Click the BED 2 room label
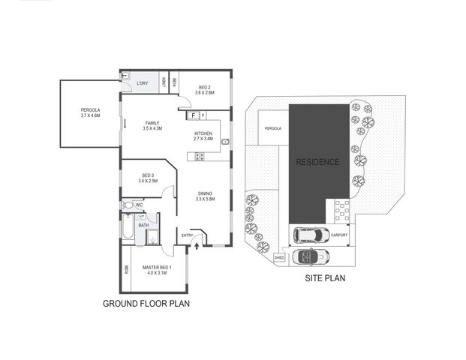[x=206, y=90]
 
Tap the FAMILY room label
[x=152, y=126]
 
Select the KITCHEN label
[x=203, y=136]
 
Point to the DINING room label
[x=205, y=196]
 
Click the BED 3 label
[x=147, y=178]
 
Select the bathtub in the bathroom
[x=128, y=230]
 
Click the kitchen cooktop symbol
[x=200, y=156]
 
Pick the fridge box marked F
[x=194, y=115]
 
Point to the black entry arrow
[x=198, y=244]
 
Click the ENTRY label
[x=188, y=236]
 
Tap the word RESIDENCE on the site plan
[x=317, y=162]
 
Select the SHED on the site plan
[x=280, y=257]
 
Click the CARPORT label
[x=339, y=235]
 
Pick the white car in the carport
[x=310, y=235]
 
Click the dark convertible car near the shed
[x=311, y=257]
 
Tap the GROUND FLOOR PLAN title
[x=146, y=304]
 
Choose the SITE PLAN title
[x=324, y=277]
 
